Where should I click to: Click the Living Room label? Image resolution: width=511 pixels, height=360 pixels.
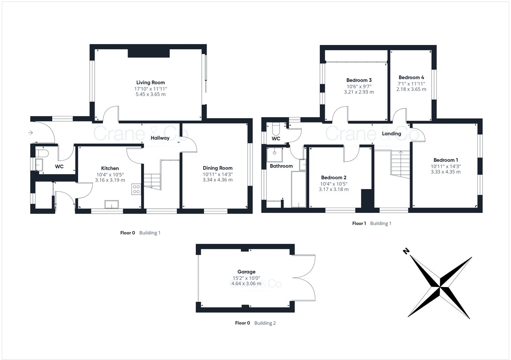click(151, 82)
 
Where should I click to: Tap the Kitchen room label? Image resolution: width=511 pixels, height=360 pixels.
click(110, 168)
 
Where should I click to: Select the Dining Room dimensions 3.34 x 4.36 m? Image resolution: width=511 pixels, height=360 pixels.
click(218, 180)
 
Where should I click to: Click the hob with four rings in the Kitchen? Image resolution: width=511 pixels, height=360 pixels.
click(136, 189)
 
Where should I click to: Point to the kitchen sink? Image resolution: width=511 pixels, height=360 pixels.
click(112, 205)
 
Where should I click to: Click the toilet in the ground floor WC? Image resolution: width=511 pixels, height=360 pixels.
click(41, 153)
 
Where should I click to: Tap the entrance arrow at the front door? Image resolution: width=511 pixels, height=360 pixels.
click(31, 133)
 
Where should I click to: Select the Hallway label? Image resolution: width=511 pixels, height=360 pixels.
click(160, 138)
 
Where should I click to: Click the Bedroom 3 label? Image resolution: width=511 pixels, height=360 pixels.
click(359, 80)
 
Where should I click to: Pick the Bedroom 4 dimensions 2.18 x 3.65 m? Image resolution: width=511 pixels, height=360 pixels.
click(411, 90)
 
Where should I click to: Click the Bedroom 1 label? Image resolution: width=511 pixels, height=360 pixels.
click(446, 160)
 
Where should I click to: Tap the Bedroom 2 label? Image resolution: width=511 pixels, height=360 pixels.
click(333, 178)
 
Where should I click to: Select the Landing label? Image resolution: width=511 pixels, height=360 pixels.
click(391, 134)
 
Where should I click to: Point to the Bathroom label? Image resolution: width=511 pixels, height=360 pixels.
click(281, 166)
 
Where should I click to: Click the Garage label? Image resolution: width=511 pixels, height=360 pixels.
click(246, 272)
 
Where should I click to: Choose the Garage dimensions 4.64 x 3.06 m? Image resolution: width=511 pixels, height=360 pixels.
click(246, 284)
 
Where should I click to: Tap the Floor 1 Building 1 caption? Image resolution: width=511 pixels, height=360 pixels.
click(372, 223)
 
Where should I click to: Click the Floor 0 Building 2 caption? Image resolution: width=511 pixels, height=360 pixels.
click(255, 323)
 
